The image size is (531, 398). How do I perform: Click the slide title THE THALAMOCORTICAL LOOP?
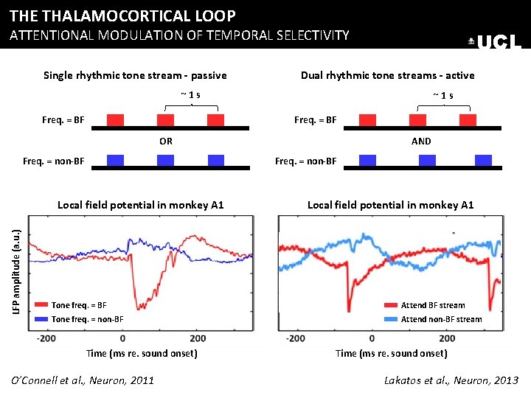click(x=123, y=15)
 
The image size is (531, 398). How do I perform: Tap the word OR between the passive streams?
click(x=166, y=141)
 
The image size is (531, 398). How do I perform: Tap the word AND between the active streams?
click(x=422, y=141)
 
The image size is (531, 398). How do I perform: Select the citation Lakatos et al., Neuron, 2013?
click(x=451, y=380)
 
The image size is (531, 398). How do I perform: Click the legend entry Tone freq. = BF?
click(x=79, y=305)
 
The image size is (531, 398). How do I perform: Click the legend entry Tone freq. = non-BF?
click(x=87, y=319)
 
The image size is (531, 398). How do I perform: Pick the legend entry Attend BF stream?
click(x=433, y=305)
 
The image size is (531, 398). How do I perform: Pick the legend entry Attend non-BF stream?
click(x=441, y=319)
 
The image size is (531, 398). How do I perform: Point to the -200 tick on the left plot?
click(x=46, y=338)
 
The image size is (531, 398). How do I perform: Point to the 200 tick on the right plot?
click(x=447, y=338)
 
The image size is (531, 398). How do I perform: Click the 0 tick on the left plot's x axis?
click(x=122, y=338)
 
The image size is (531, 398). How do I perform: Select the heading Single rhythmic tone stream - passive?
click(x=135, y=75)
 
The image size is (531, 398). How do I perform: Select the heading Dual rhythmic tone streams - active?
click(x=387, y=75)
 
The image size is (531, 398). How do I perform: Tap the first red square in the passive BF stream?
click(x=115, y=119)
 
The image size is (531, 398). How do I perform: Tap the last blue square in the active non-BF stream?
click(x=483, y=160)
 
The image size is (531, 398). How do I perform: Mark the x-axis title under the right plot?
click(x=391, y=354)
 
